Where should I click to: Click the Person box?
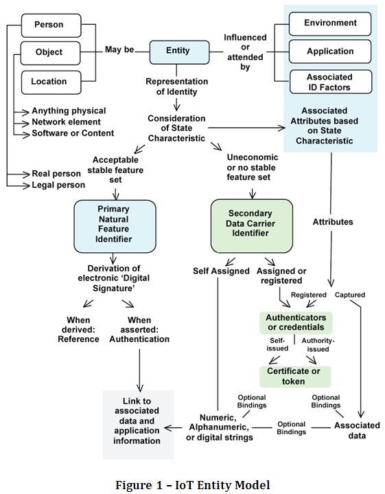49,25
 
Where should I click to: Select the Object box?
49,52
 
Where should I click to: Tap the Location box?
49,81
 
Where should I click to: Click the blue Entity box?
178,51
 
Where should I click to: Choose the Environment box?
329,23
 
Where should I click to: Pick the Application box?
329,52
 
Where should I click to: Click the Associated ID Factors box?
329,82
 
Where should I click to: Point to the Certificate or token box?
294,377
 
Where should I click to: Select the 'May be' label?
119,50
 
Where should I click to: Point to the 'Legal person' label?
58,185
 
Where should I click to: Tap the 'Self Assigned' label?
221,271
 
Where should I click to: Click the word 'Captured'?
349,295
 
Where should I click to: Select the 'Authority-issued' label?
318,344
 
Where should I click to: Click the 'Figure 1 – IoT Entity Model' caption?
192,484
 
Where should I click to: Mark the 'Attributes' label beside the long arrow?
332,223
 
